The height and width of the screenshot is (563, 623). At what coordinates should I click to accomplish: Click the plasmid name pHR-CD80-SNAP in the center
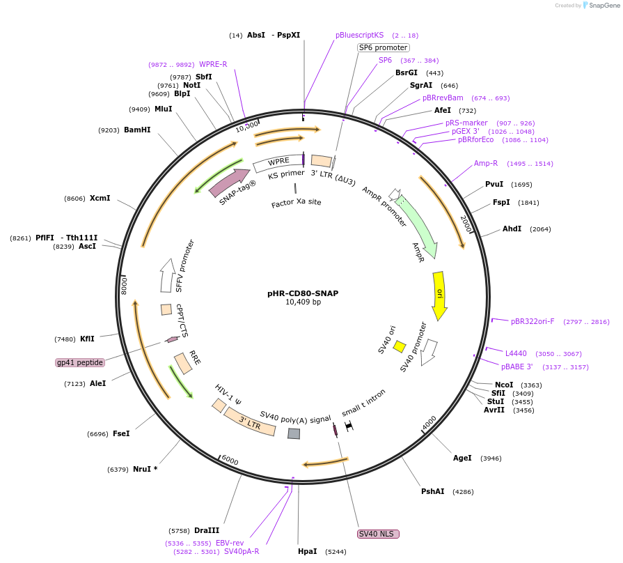pyautogui.click(x=303, y=293)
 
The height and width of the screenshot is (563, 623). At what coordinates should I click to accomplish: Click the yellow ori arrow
pyautogui.click(x=439, y=295)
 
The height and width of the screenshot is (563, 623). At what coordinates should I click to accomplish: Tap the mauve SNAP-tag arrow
pyautogui.click(x=230, y=182)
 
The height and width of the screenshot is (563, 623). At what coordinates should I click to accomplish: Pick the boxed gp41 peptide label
pyautogui.click(x=80, y=362)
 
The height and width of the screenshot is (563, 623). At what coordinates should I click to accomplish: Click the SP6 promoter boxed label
pyautogui.click(x=383, y=47)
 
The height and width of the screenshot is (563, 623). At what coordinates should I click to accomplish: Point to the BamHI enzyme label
pyautogui.click(x=137, y=130)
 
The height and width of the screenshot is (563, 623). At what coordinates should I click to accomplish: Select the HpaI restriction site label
pyautogui.click(x=307, y=551)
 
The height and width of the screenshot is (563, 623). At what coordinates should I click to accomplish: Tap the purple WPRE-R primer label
pyautogui.click(x=213, y=64)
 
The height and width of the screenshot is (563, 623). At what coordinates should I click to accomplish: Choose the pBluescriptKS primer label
pyautogui.click(x=359, y=35)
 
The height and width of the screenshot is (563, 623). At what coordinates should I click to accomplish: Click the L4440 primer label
pyautogui.click(x=516, y=354)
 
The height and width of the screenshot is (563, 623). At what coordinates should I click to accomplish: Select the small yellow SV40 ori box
pyautogui.click(x=400, y=346)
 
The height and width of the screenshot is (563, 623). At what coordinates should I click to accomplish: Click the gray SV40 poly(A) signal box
pyautogui.click(x=294, y=433)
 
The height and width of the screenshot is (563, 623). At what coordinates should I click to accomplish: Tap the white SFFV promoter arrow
pyautogui.click(x=167, y=275)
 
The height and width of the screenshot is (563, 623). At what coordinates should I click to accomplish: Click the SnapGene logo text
pyautogui.click(x=602, y=5)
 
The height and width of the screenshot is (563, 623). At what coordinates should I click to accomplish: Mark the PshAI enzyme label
pyautogui.click(x=432, y=491)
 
